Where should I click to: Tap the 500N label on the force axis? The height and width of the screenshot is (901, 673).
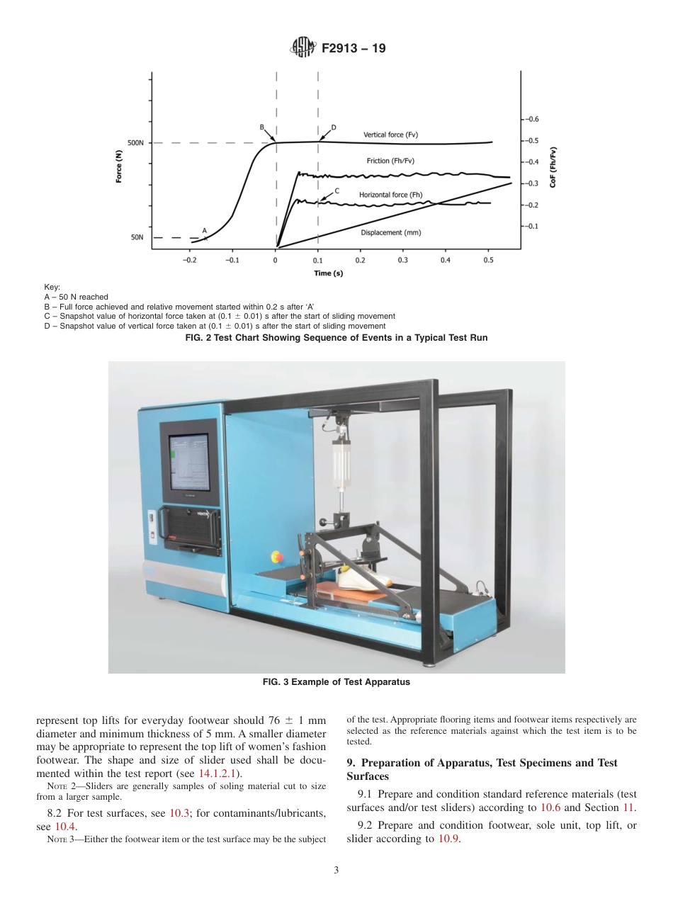[135, 143]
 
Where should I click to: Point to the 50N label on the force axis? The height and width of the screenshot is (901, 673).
[137, 238]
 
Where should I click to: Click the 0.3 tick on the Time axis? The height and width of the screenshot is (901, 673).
[403, 260]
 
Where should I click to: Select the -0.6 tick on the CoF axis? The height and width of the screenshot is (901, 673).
[531, 119]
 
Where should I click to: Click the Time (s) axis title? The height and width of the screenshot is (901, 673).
[329, 273]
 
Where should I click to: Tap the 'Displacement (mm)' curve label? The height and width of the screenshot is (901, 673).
[391, 232]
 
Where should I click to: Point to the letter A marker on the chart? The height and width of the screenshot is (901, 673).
[204, 230]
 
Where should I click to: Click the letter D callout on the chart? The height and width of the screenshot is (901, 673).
[334, 127]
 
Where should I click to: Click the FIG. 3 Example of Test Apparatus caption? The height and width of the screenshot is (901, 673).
[336, 683]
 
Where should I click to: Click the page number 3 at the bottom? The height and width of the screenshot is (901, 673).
[336, 871]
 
